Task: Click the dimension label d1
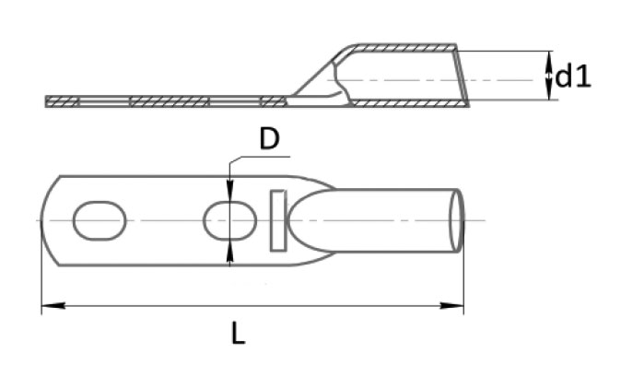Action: pyautogui.click(x=573, y=77)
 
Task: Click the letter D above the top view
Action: pyautogui.click(x=269, y=138)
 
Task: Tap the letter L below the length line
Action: pyautogui.click(x=238, y=334)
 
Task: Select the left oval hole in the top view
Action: pyautogui.click(x=100, y=220)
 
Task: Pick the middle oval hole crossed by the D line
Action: pyautogui.click(x=230, y=220)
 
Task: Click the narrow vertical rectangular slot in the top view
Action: pyautogui.click(x=277, y=220)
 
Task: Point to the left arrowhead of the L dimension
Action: pyautogui.click(x=53, y=306)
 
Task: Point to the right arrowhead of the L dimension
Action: pyautogui.click(x=451, y=306)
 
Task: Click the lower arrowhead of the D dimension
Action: pyautogui.click(x=229, y=253)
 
